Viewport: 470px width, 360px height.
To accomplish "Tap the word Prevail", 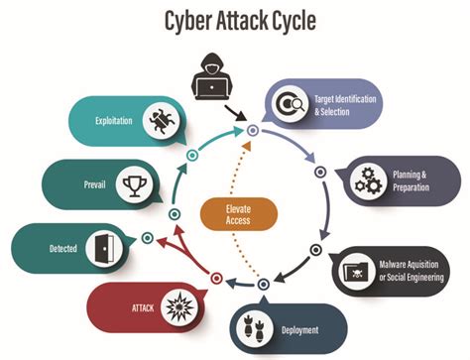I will tap(84, 182).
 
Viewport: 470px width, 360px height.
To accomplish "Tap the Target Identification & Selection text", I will tap(345, 103).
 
